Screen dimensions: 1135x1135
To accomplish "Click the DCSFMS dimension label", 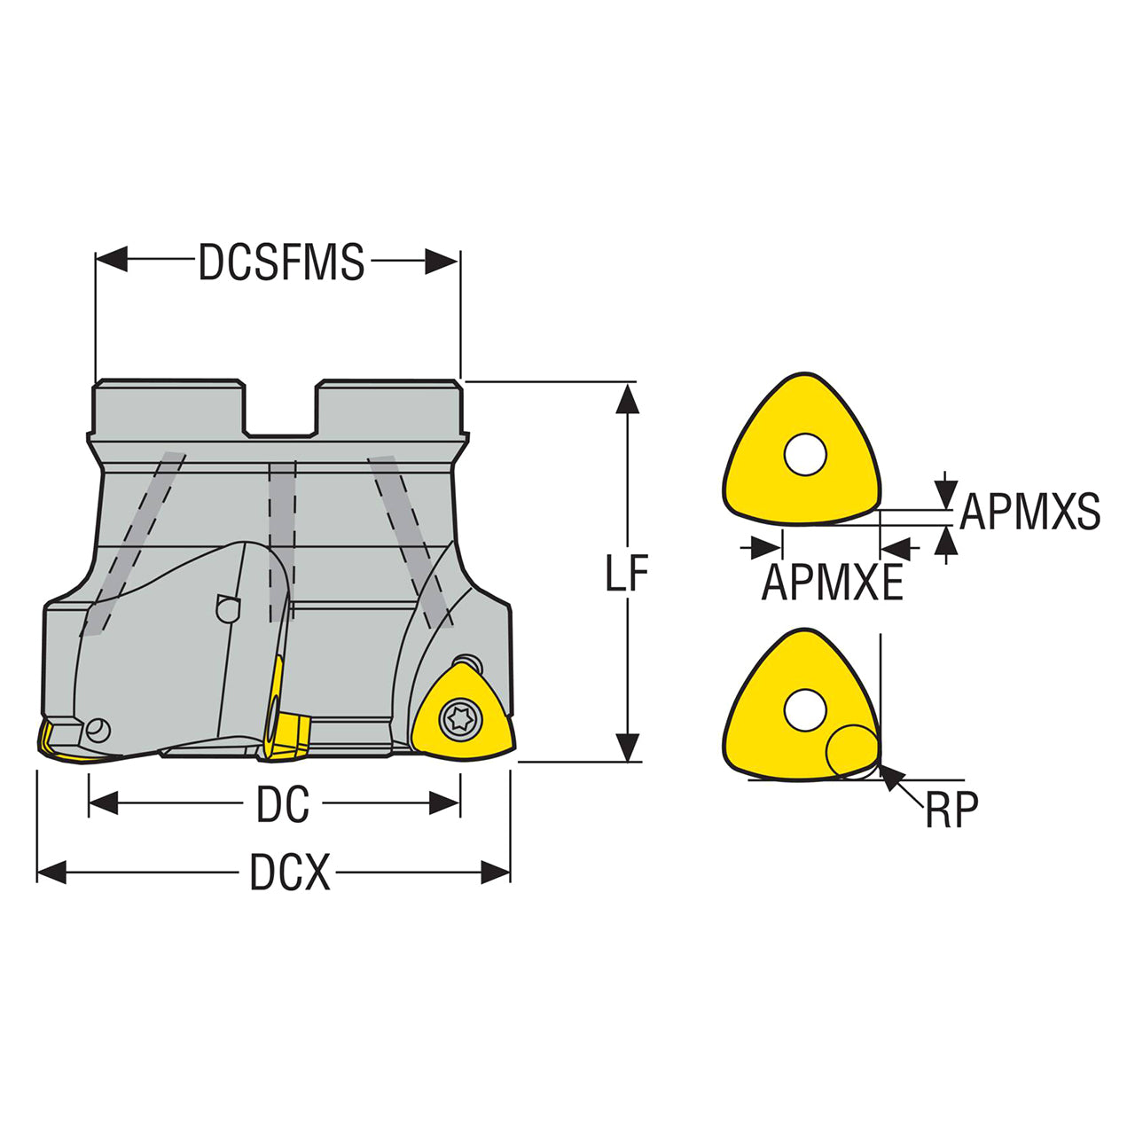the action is pyautogui.click(x=281, y=262).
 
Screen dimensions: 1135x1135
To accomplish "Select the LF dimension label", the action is pyautogui.click(x=627, y=573).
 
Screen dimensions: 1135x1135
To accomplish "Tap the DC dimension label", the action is pyautogui.click(x=283, y=805).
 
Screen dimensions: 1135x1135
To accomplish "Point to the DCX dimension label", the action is pyautogui.click(x=290, y=873).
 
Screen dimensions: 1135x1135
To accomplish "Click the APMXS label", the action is pyautogui.click(x=1029, y=512).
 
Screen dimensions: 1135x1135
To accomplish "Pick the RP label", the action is pyautogui.click(x=951, y=810).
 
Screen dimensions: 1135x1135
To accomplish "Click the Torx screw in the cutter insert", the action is pyautogui.click(x=460, y=719).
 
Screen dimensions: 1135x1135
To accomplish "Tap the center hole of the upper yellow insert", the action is pyautogui.click(x=805, y=455).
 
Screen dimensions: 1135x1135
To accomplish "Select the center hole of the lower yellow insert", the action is pyautogui.click(x=804, y=710).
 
